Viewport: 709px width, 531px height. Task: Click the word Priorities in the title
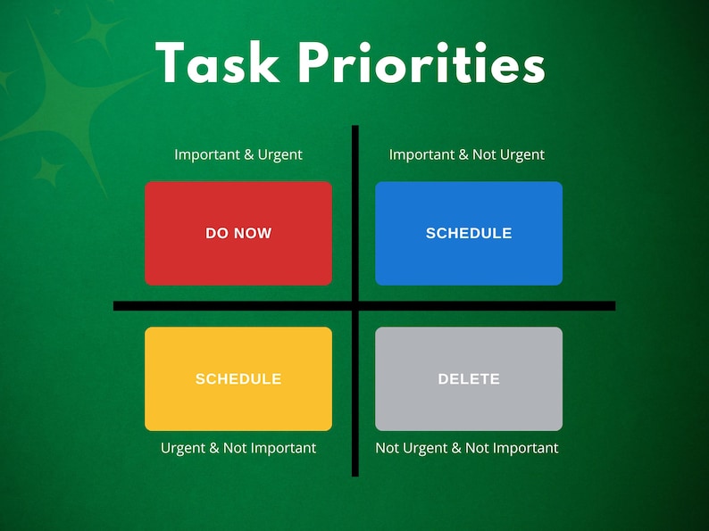tap(421, 64)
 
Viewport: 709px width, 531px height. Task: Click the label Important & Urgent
tap(238, 154)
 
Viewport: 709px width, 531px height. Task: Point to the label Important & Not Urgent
tap(466, 154)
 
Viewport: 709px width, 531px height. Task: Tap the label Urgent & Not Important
tap(238, 448)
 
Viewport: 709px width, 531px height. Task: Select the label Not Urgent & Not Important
tap(466, 448)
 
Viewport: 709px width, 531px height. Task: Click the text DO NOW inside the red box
tap(238, 233)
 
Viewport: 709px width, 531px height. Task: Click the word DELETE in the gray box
tap(469, 379)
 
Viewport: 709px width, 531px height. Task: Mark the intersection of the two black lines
tap(355, 306)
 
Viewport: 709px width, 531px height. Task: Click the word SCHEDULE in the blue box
tap(469, 233)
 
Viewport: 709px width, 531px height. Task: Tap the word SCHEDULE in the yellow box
tap(238, 379)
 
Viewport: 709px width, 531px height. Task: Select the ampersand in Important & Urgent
tap(249, 154)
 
